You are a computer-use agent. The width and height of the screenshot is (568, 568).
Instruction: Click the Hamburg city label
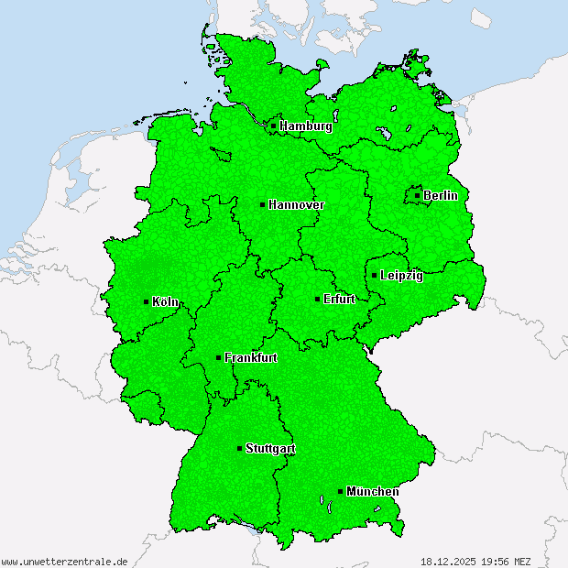pos(306,126)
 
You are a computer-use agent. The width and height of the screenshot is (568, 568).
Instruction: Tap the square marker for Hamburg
pos(273,126)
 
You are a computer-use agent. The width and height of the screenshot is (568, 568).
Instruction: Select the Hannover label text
pos(296,205)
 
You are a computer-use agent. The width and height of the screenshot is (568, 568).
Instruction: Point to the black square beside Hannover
pos(262,205)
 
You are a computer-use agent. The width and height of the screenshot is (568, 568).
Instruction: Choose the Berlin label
pos(440,195)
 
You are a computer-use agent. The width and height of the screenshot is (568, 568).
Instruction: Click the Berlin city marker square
pos(418,195)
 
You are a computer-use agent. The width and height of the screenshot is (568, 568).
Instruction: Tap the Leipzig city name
pos(401,276)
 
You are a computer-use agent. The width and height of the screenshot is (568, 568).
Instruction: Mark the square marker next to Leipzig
pos(374,275)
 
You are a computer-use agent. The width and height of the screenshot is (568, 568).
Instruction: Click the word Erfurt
pos(339,300)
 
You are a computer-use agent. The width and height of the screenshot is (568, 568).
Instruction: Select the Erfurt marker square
pos(317,299)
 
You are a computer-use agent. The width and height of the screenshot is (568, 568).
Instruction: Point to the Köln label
pos(166,301)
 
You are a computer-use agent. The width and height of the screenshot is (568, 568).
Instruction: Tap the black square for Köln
pos(147,301)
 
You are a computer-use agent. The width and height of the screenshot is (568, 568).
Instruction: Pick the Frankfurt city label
pos(250,358)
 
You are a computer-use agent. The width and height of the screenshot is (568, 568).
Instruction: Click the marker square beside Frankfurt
pos(218,357)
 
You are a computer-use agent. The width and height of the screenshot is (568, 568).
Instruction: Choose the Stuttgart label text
pos(270,449)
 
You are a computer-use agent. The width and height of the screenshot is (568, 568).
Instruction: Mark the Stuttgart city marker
pos(240,449)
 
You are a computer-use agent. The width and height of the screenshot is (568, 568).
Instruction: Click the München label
pos(372,492)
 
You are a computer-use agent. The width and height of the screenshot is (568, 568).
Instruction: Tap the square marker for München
pos(341,491)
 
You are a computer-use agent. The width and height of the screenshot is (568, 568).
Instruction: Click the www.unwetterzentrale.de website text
pos(64,561)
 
